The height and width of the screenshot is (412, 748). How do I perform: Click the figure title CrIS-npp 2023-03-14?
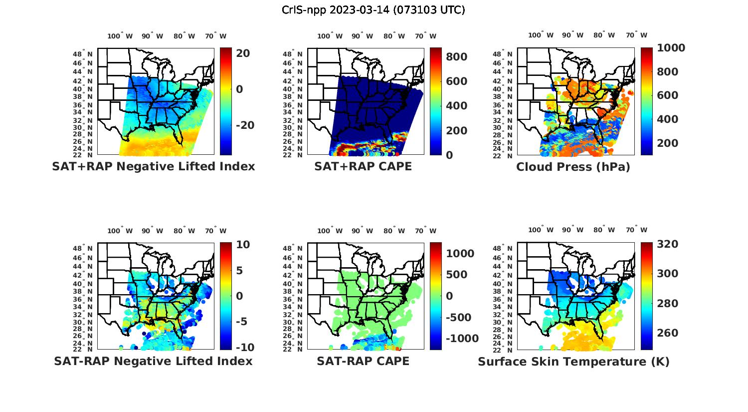point(374,10)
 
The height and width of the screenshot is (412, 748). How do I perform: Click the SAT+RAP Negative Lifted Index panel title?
point(153,167)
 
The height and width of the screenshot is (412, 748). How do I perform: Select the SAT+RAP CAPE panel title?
point(363,167)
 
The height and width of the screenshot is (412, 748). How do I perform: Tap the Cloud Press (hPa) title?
point(573,167)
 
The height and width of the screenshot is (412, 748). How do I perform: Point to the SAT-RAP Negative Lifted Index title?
point(153,361)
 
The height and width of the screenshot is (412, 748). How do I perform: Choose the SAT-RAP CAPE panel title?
point(363,361)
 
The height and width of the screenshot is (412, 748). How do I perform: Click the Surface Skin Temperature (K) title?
point(573,362)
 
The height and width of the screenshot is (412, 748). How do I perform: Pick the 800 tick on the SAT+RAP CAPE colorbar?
point(456,57)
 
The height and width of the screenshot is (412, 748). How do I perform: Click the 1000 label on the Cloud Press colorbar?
point(671,48)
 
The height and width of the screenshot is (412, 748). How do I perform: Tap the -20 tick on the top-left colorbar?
point(245,125)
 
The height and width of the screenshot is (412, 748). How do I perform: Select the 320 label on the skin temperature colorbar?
point(668,244)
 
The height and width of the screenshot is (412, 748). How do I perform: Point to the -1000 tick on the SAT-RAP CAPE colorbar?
point(462,339)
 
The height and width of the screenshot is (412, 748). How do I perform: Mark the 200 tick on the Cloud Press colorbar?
point(668,143)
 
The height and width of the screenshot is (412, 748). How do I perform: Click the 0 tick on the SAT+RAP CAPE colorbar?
point(449,155)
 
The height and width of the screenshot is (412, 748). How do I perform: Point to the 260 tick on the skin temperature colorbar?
point(668,333)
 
